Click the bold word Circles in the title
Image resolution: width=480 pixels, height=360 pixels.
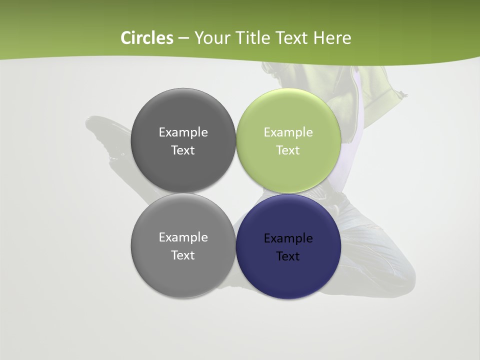point(146,38)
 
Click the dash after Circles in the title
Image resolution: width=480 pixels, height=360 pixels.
point(183,38)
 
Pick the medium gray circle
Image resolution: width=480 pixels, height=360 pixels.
point(183,275)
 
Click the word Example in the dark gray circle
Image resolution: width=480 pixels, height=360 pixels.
point(183,132)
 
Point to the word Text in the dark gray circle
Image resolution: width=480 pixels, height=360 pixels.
point(183,150)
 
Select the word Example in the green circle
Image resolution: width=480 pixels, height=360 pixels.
point(288,132)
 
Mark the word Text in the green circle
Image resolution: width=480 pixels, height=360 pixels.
point(288,150)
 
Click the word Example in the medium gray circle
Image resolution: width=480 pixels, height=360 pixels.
point(183,237)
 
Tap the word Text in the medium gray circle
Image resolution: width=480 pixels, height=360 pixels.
point(183,255)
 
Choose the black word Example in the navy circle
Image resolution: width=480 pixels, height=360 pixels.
point(288,238)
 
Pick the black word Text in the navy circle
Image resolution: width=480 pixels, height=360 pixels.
point(288,256)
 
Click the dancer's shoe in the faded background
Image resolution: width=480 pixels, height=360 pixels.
point(105,135)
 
